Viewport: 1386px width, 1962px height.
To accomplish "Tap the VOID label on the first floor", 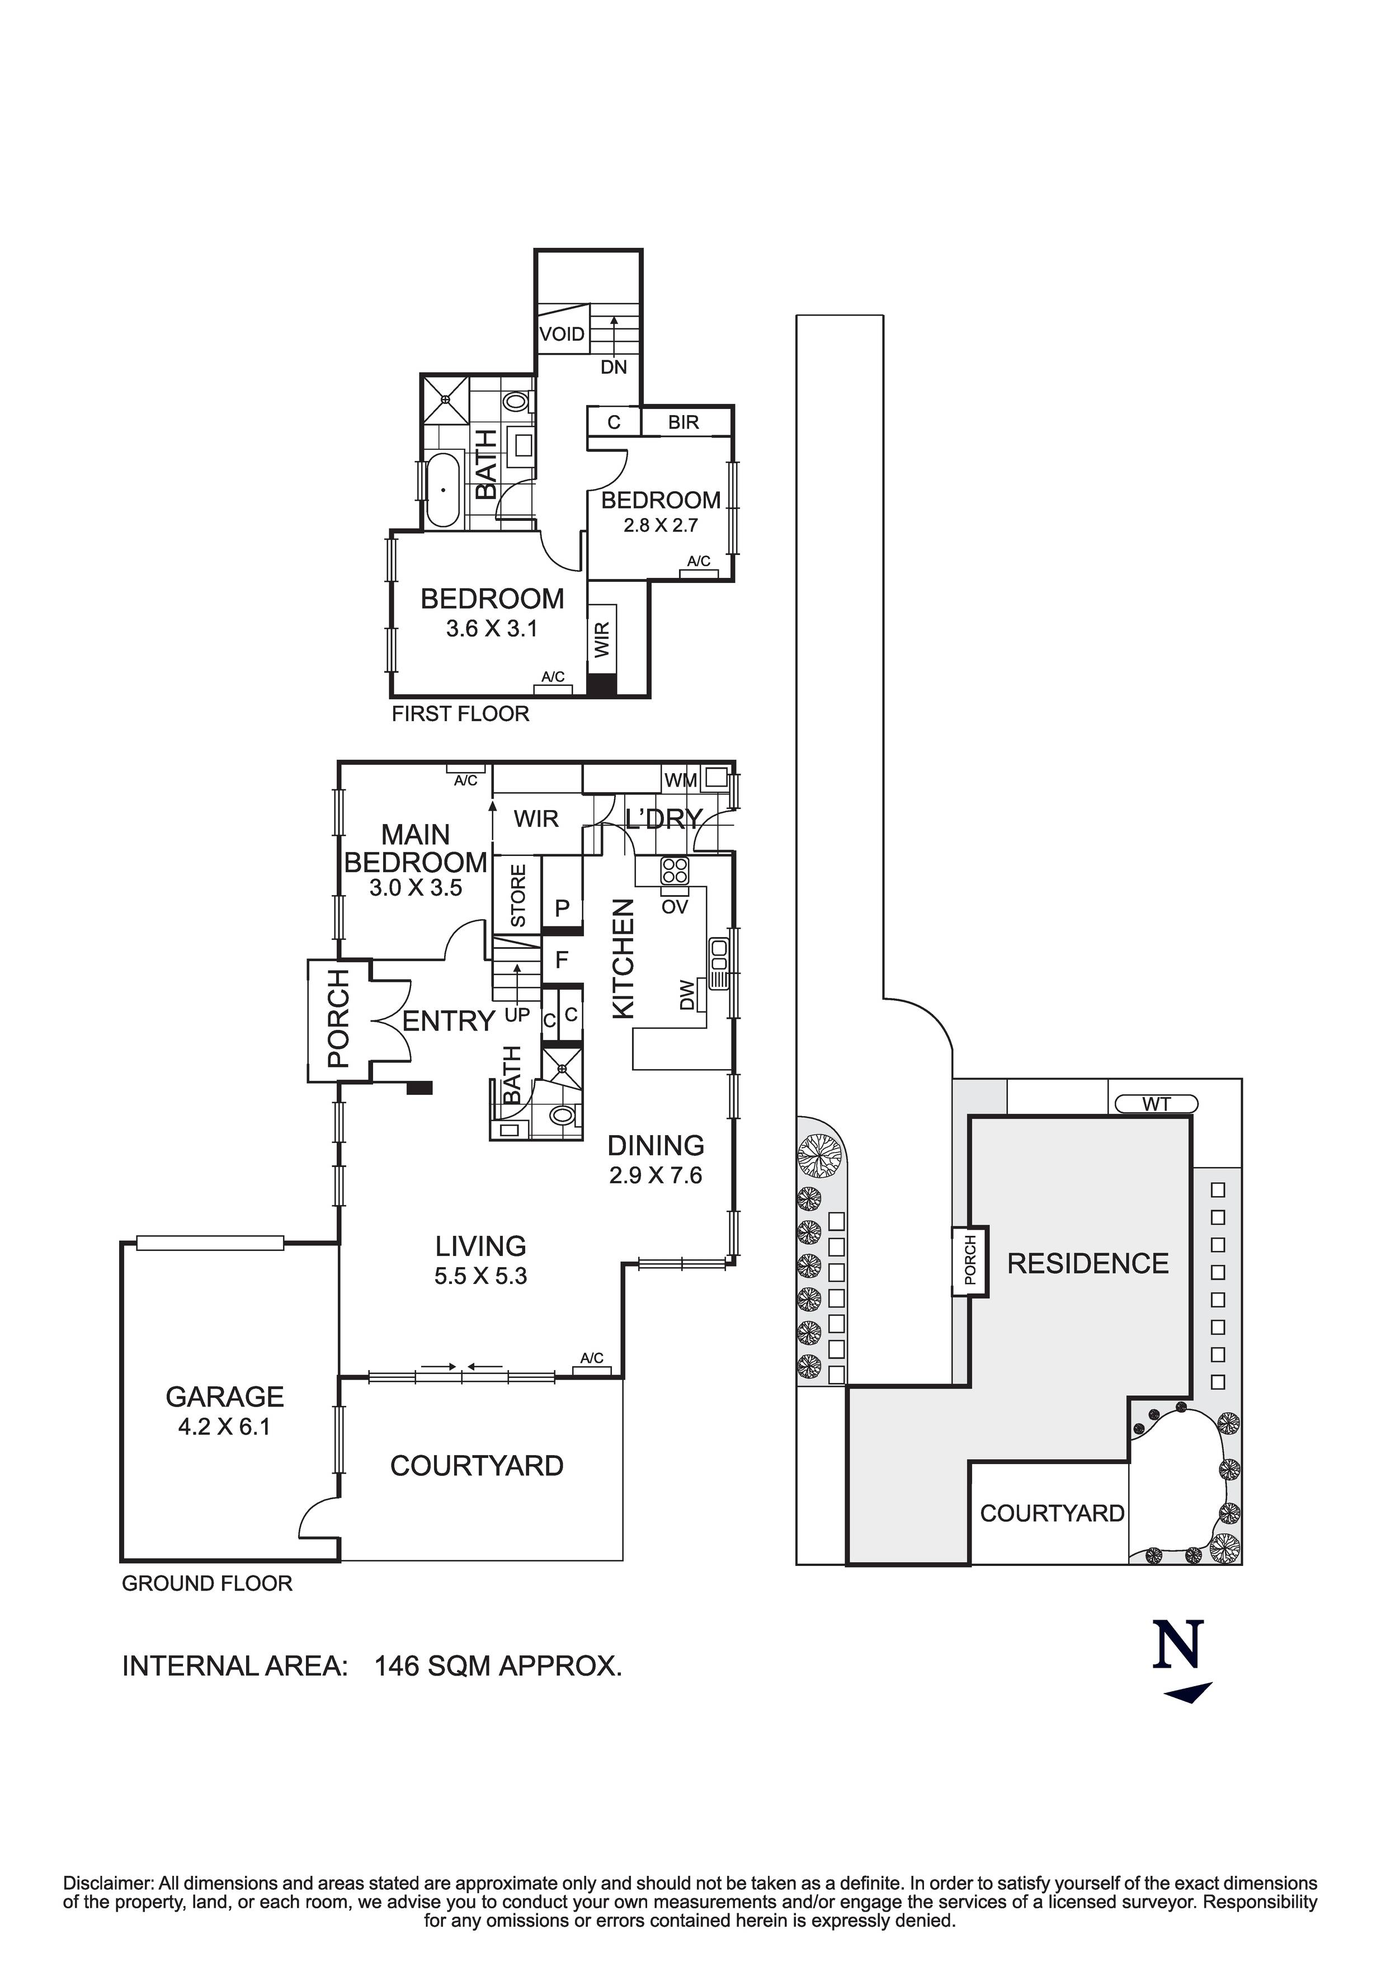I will coord(562,334).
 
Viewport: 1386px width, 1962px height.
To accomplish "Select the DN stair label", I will coord(614,368).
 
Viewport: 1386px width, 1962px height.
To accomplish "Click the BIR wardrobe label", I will coord(683,422).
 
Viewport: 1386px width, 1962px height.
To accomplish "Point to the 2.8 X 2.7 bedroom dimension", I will coord(661,525).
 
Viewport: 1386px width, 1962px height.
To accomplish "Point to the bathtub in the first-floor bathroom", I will coord(442,490).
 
